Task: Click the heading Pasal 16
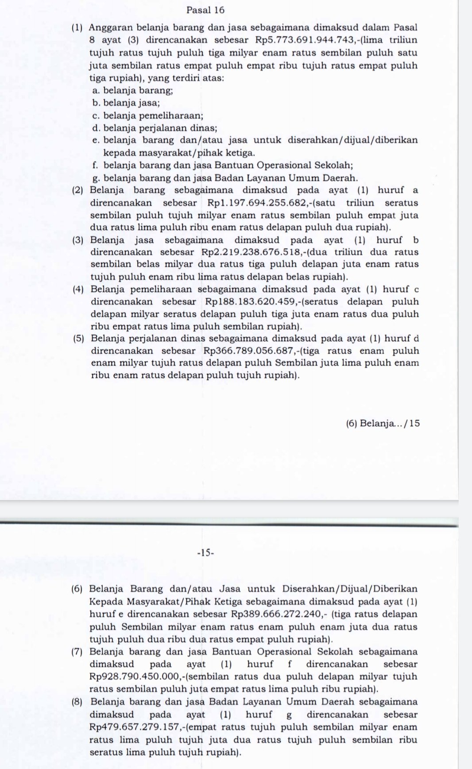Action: pos(205,10)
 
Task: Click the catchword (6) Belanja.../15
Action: pos(383,423)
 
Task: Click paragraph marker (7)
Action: pos(78,652)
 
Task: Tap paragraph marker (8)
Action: pos(78,702)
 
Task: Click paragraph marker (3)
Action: pos(79,240)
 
